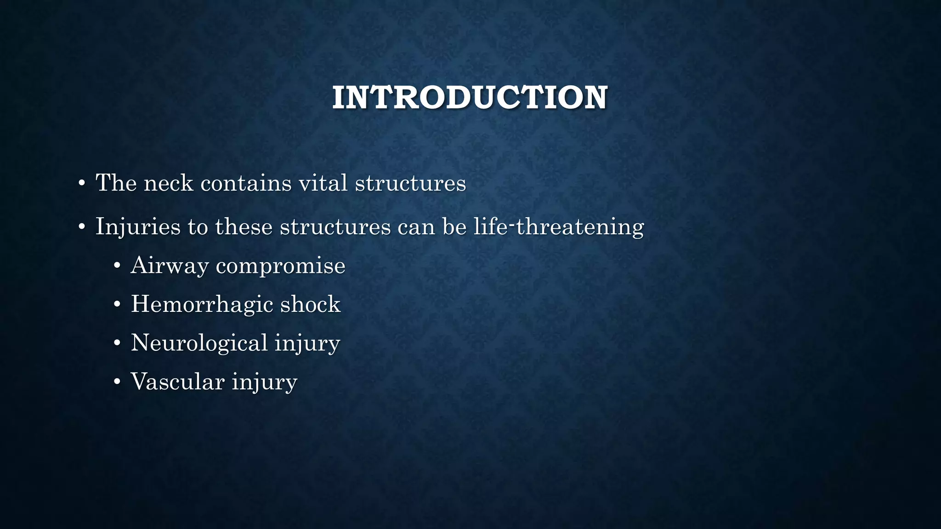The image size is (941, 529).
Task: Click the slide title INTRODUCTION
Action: (x=470, y=98)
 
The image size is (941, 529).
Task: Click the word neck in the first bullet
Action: (x=168, y=183)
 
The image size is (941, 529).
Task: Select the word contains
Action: (x=246, y=183)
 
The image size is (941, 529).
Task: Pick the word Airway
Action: (x=169, y=266)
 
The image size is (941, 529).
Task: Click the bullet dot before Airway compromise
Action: (x=117, y=266)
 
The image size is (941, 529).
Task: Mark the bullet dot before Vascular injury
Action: (x=117, y=382)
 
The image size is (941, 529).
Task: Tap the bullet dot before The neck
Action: (x=82, y=184)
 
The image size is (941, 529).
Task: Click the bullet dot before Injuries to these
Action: (x=82, y=227)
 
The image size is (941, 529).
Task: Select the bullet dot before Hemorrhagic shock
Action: (x=117, y=304)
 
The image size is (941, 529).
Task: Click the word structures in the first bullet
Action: (x=410, y=183)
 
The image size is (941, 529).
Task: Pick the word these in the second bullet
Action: (x=244, y=227)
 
